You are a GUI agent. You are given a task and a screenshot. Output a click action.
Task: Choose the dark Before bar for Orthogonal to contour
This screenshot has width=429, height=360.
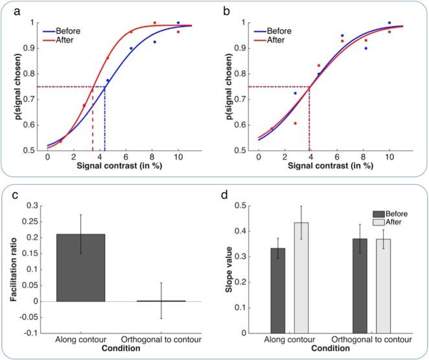coord(358,285)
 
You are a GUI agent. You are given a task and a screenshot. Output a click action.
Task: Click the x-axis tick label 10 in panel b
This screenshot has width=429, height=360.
coord(389,158)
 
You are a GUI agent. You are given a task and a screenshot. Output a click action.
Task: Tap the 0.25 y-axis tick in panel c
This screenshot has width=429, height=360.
coord(30,221)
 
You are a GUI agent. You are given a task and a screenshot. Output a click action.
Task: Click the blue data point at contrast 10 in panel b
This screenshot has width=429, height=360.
coord(389,23)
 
